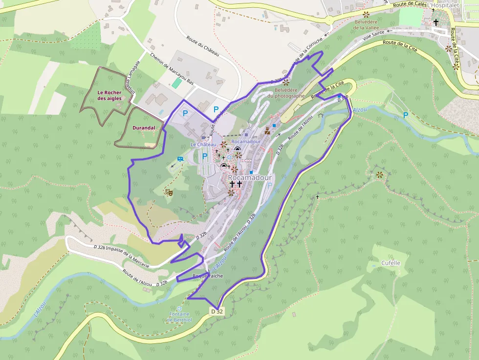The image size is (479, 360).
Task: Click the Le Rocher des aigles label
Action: pyautogui.click(x=109, y=95)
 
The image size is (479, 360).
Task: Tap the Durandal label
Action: pyautogui.click(x=144, y=128)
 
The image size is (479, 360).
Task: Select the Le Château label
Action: pyautogui.click(x=203, y=145)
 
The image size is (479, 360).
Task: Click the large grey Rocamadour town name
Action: pyautogui.click(x=250, y=178)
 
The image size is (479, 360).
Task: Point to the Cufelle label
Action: pyautogui.click(x=391, y=263)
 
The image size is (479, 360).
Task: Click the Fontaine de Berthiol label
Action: pyautogui.click(x=179, y=317)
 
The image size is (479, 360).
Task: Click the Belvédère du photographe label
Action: pyautogui.click(x=290, y=93)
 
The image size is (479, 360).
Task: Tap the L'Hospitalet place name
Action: pyautogui.click(x=444, y=5)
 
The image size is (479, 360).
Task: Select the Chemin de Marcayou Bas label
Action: pyautogui.click(x=172, y=69)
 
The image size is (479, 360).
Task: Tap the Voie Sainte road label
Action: pyautogui.click(x=373, y=36)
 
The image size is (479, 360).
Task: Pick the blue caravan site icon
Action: pyautogui.click(x=181, y=159)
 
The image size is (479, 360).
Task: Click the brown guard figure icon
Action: pyautogui.click(x=267, y=131)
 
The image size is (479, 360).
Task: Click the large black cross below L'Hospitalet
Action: pyautogui.click(x=435, y=22)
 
